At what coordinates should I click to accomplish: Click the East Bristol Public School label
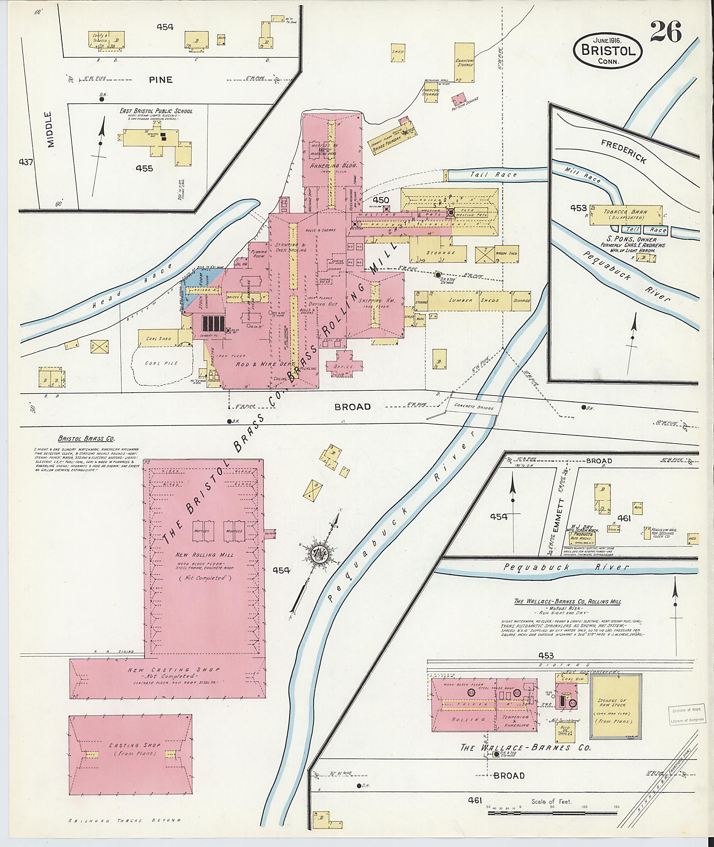tap(155, 111)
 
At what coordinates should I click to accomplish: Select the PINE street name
tap(161, 80)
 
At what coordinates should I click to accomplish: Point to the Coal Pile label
tap(161, 363)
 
